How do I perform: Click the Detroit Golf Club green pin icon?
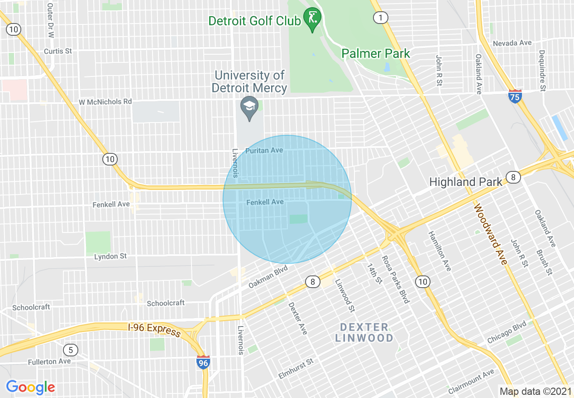[x=312, y=19]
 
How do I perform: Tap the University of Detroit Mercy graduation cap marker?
[x=249, y=108]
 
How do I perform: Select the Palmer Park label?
[x=375, y=53]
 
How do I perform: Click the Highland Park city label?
[x=465, y=182]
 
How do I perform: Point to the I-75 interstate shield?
[x=515, y=96]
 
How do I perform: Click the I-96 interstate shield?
[x=203, y=362]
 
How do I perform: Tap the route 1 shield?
[x=380, y=18]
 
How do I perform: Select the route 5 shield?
[x=70, y=350]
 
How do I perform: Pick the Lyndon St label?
[x=110, y=256]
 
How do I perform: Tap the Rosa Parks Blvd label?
[x=396, y=280]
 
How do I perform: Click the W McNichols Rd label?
[x=105, y=102]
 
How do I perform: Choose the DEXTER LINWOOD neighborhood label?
[x=364, y=332]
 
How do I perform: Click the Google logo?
[x=30, y=387]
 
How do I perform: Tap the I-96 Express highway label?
[x=154, y=330]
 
